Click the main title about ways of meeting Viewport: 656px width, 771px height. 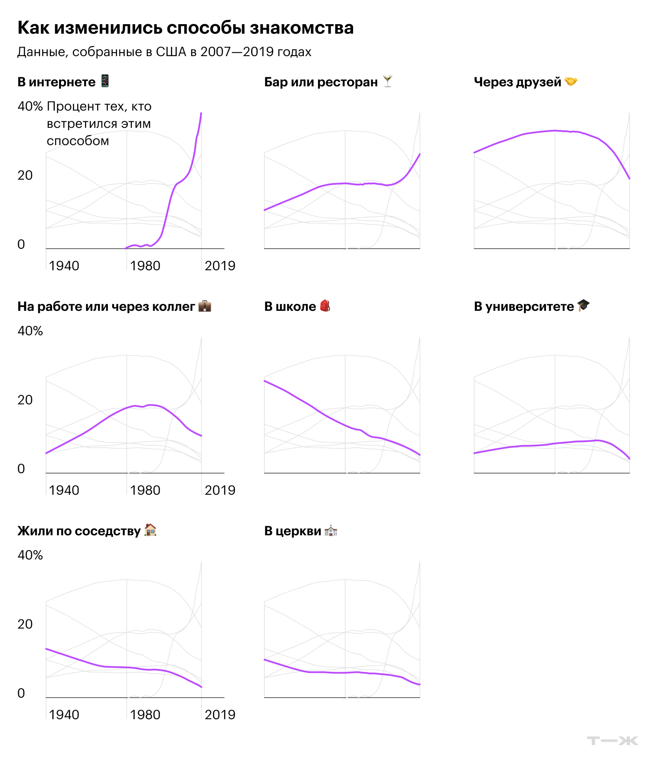(x=186, y=28)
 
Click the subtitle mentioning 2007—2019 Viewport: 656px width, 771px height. (x=164, y=52)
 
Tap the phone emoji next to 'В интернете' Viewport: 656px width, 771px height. (x=105, y=81)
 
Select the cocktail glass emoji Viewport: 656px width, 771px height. (x=388, y=81)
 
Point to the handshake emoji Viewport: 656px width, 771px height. (x=571, y=81)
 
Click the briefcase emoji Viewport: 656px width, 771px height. (x=205, y=306)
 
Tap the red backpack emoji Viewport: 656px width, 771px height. (x=325, y=306)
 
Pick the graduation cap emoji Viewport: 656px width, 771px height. (x=583, y=305)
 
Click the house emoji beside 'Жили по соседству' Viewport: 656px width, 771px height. (x=150, y=530)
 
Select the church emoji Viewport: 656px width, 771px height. (x=331, y=530)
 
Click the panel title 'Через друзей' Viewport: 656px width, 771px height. (x=517, y=82)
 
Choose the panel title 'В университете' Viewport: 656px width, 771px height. (x=524, y=307)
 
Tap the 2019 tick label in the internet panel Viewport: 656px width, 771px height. (x=220, y=266)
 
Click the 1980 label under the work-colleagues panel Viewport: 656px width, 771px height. (x=145, y=490)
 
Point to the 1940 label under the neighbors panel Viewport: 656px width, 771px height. (x=64, y=715)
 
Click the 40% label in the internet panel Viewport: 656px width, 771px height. (x=30, y=106)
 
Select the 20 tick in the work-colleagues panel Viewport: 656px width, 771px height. (x=25, y=400)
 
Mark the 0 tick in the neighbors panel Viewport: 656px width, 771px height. (x=21, y=693)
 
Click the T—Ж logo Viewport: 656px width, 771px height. (x=612, y=741)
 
